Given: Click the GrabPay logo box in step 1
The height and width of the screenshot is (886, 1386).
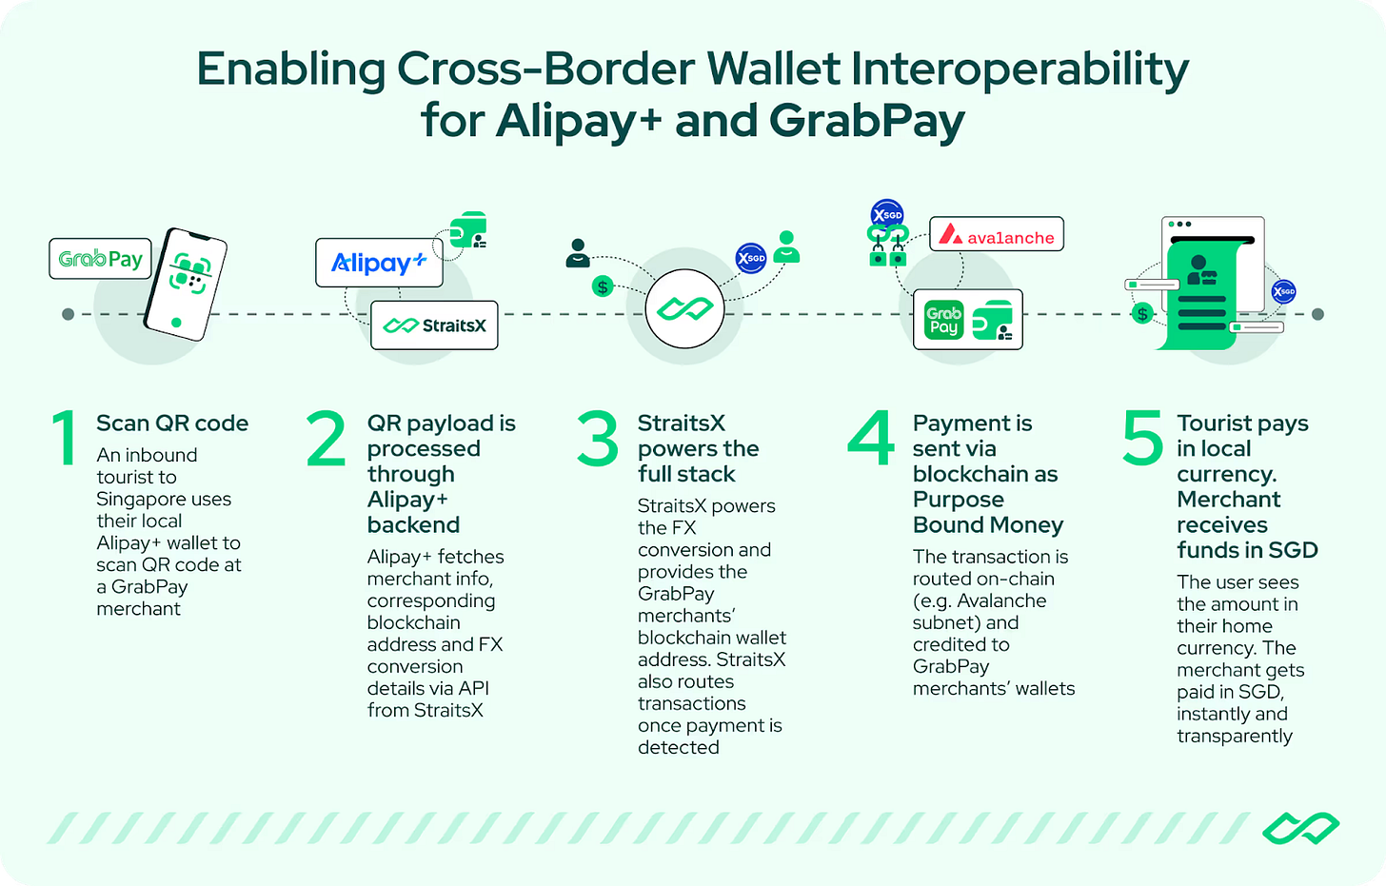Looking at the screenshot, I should [100, 259].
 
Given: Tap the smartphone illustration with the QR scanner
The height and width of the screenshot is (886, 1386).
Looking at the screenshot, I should [187, 284].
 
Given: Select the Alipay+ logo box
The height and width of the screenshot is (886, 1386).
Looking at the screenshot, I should [379, 263].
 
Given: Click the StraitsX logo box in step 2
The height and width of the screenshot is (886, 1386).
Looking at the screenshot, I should [434, 325].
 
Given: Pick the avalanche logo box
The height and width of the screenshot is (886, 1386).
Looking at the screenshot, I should [997, 235].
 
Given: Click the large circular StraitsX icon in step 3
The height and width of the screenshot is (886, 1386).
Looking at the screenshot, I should [684, 309].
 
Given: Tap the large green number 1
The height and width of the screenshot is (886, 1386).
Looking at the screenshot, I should [64, 439].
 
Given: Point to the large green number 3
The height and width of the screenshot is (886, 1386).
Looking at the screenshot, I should [598, 439].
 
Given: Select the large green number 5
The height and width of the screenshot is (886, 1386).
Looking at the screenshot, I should [1142, 439].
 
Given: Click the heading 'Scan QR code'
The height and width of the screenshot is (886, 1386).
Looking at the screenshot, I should [172, 423].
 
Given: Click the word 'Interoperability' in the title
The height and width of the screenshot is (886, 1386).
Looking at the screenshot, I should [1020, 69].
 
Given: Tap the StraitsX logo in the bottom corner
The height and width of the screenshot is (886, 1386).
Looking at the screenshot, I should [1300, 829].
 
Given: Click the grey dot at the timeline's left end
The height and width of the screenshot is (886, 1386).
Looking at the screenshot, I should [68, 314].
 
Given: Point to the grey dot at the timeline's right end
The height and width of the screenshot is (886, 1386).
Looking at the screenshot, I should [1317, 314].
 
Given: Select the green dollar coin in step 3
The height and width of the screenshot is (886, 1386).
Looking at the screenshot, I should [602, 286].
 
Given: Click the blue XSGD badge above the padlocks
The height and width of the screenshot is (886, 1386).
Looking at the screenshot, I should [887, 215].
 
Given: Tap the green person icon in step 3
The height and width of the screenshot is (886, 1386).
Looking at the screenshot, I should [786, 247].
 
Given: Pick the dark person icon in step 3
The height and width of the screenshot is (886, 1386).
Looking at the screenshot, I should [577, 253].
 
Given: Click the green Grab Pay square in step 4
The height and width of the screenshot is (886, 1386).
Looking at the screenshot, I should [943, 321].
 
